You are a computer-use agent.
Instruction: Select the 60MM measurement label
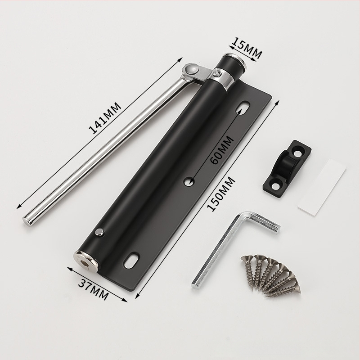click(x=222, y=150)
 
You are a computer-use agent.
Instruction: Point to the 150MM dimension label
click(x=221, y=194)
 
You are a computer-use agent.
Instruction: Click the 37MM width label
click(x=93, y=290)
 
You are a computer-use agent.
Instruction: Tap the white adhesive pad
click(x=321, y=187)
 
